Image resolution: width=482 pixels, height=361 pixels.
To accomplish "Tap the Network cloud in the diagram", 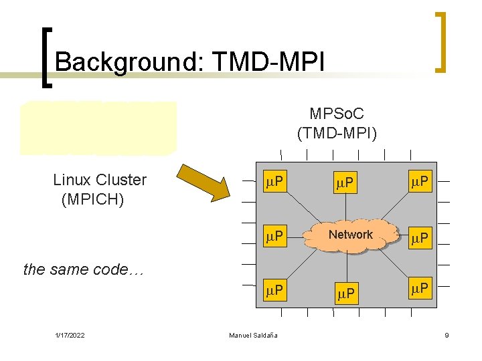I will [x=350, y=235].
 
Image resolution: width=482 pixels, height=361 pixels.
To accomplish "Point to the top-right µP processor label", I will [x=420, y=180].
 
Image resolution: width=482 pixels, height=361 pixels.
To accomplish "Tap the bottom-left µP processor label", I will [x=273, y=291].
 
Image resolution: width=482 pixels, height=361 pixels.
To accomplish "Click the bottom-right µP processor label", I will [x=420, y=289].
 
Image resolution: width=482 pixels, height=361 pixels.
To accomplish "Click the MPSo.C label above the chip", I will [x=337, y=115].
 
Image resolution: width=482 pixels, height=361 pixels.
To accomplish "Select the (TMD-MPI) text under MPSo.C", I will [x=337, y=134].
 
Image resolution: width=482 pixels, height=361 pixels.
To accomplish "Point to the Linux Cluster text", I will [x=100, y=180].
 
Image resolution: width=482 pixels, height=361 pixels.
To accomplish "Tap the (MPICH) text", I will [x=92, y=199].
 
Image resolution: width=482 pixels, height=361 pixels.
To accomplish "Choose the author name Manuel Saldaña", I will [x=253, y=335].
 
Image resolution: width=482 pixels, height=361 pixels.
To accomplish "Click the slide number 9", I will [x=447, y=335].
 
